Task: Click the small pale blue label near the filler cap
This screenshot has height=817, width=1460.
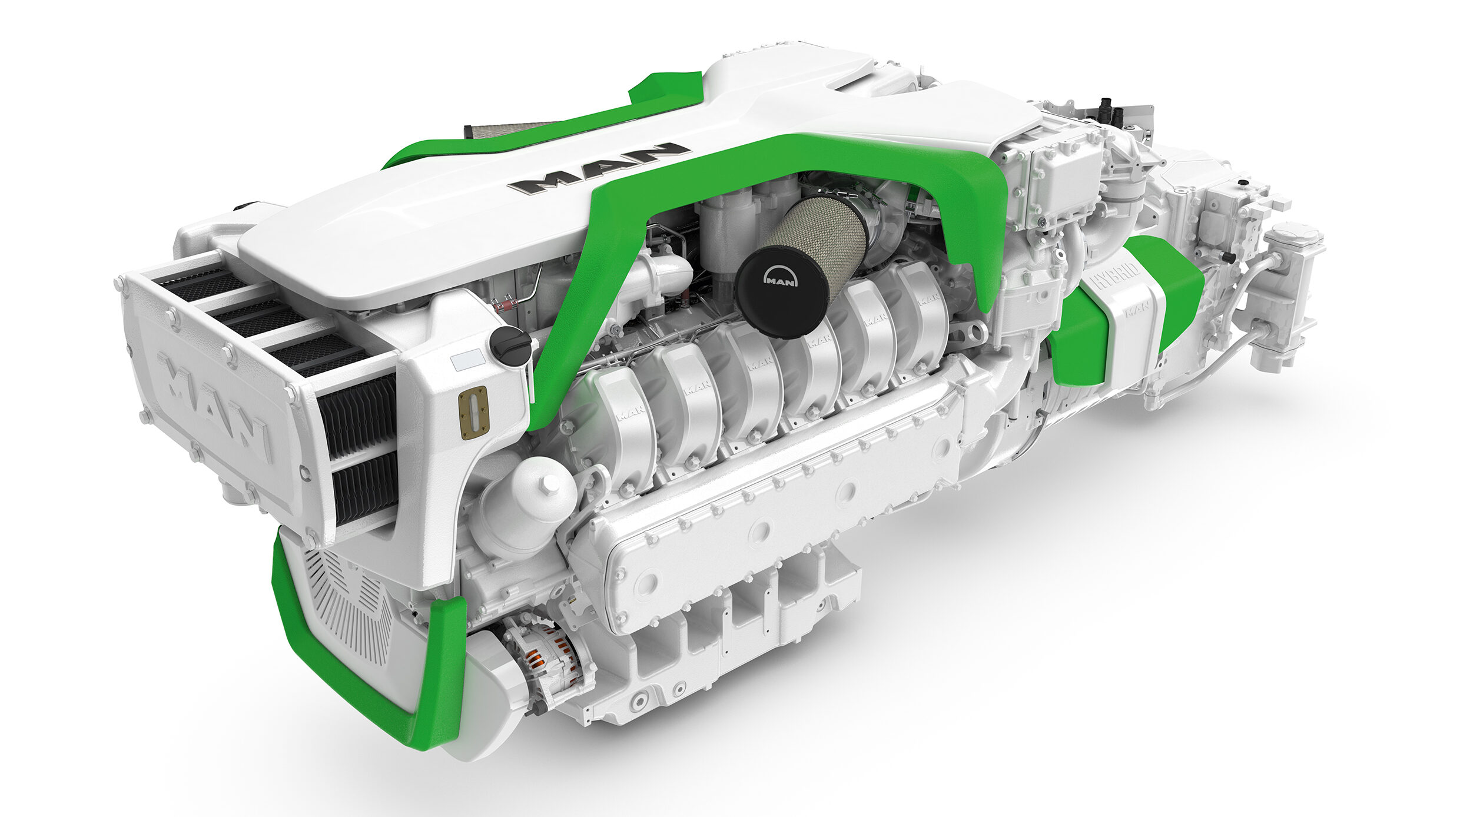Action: coord(467,359)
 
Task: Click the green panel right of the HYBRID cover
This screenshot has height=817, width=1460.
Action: coord(1172,283)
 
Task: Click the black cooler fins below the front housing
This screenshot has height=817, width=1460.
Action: coord(359,447)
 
